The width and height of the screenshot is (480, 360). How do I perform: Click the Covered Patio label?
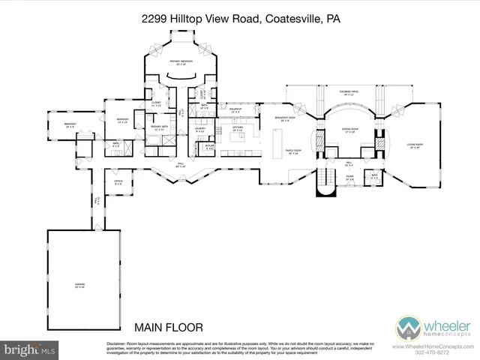[346, 94]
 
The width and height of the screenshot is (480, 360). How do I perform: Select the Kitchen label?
[238, 129]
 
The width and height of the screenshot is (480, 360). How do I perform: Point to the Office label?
[118, 181]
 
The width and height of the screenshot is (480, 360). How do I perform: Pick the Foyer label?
[349, 178]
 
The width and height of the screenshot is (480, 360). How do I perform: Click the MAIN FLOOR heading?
[169, 327]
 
